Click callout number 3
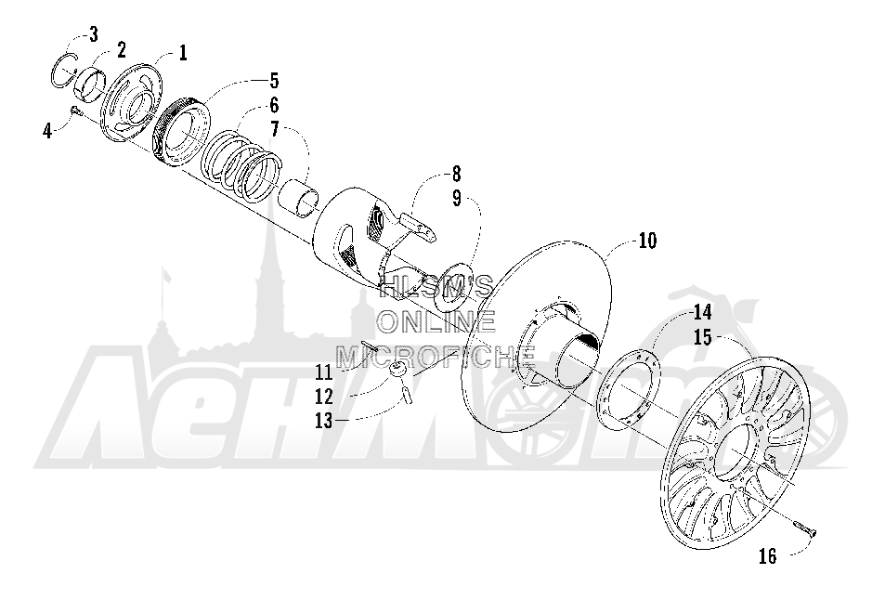[x=93, y=34]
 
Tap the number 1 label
[x=182, y=53]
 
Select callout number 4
[x=48, y=131]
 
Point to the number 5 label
[x=274, y=81]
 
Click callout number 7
[x=274, y=130]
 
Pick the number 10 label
[x=647, y=241]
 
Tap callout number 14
[x=702, y=313]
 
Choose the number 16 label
[x=768, y=556]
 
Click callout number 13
[x=324, y=421]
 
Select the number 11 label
[x=324, y=372]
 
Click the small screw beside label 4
[x=77, y=111]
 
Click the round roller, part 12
[x=398, y=370]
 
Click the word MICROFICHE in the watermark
[x=436, y=356]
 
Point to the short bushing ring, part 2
[x=91, y=84]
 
